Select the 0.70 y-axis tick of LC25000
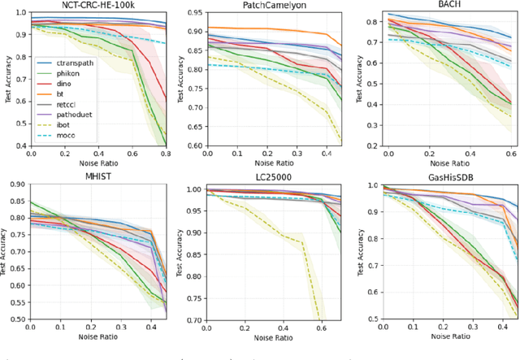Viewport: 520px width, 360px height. (x=192, y=319)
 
